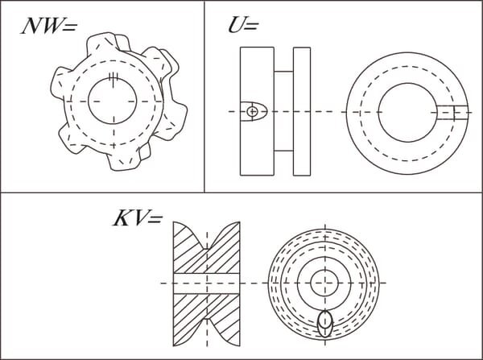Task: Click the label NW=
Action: [x=48, y=25]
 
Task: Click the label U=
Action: [x=243, y=25]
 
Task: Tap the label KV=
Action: [x=138, y=218]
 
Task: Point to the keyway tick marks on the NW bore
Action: [x=114, y=79]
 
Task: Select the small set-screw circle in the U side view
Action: [x=252, y=111]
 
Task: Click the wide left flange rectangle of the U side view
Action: [x=257, y=111]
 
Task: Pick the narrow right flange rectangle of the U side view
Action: [x=302, y=111]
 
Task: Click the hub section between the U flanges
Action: [x=283, y=111]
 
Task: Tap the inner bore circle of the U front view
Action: [x=407, y=83]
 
